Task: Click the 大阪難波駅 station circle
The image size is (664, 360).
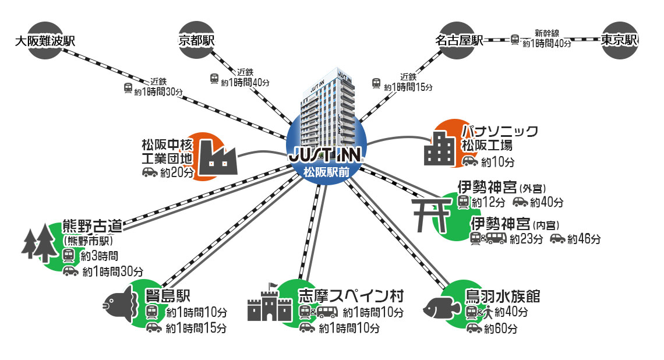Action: click(x=45, y=40)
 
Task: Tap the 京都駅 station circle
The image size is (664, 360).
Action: click(x=196, y=40)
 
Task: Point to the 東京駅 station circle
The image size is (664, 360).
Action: click(x=620, y=40)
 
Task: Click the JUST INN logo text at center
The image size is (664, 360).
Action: click(x=326, y=157)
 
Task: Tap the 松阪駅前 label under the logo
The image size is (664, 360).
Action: click(x=326, y=172)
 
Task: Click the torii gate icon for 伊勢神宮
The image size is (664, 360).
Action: click(x=432, y=216)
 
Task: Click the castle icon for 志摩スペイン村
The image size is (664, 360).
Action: click(x=270, y=303)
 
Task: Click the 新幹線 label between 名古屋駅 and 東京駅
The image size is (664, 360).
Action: click(x=547, y=33)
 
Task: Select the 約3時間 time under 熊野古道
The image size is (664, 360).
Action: click(x=100, y=256)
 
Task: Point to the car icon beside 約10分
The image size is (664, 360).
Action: click(x=470, y=161)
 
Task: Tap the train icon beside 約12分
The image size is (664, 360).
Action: click(x=463, y=202)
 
